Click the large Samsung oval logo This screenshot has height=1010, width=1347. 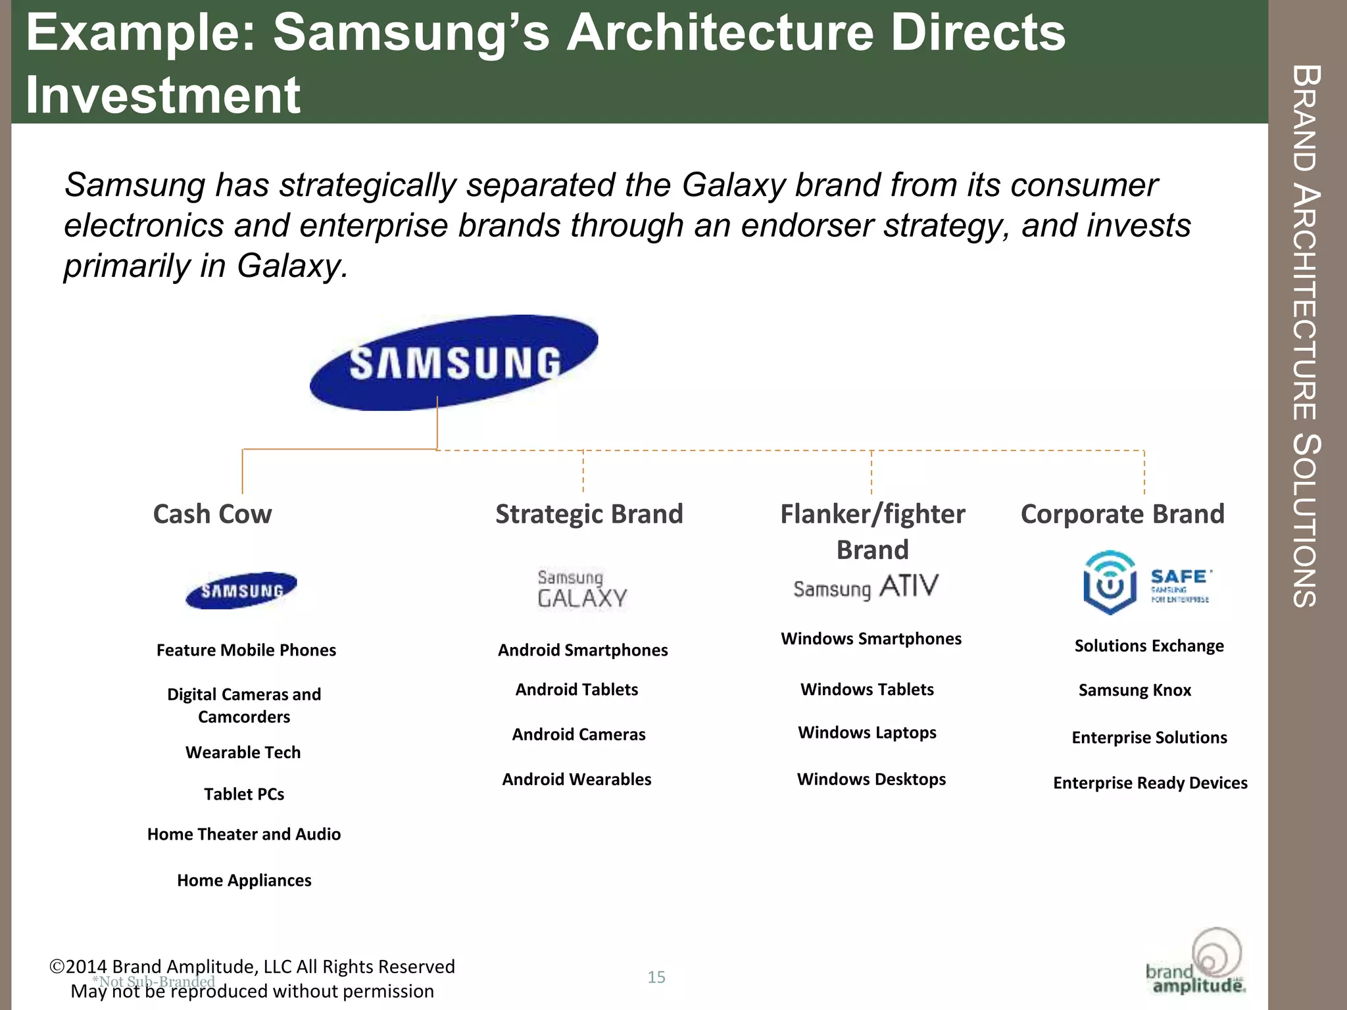[454, 363]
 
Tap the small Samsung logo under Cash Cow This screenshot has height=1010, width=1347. [241, 590]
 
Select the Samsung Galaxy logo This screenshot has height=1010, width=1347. [582, 589]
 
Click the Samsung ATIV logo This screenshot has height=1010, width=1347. [866, 587]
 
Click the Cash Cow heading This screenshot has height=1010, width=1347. [212, 514]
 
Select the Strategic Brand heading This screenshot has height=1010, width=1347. [589, 514]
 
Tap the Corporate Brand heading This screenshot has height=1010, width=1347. [1122, 514]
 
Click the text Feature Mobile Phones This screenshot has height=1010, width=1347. [246, 650]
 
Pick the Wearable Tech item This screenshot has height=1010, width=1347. [243, 752]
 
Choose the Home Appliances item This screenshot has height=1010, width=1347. [244, 880]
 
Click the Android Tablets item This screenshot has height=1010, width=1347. [577, 690]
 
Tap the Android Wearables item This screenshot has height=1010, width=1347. [577, 779]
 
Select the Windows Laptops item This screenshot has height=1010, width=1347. [867, 733]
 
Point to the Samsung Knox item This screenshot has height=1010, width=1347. [1135, 690]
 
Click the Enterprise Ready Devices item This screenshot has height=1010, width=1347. [1150, 783]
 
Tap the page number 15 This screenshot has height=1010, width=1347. [656, 977]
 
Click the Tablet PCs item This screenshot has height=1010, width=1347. [244, 794]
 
